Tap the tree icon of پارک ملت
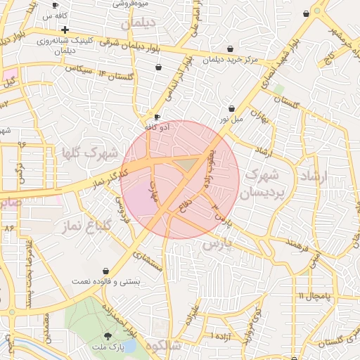click(x=107, y=336)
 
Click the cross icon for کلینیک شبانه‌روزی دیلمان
click(x=65, y=30)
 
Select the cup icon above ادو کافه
click(x=157, y=117)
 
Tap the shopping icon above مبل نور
click(x=232, y=108)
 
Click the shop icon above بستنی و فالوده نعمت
click(x=106, y=271)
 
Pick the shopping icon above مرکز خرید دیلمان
click(x=231, y=49)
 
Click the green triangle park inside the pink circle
click(x=186, y=164)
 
